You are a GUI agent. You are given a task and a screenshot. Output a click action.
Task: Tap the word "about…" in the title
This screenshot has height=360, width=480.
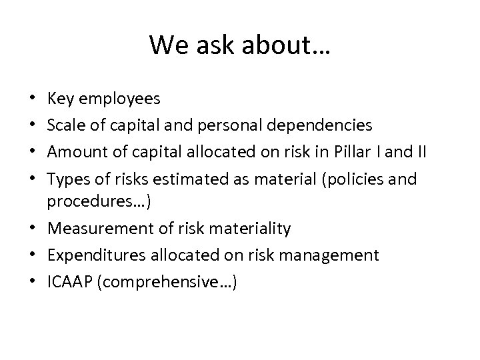pyautogui.click(x=283, y=45)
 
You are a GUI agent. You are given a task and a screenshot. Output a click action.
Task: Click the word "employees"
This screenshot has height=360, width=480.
pyautogui.click(x=119, y=101)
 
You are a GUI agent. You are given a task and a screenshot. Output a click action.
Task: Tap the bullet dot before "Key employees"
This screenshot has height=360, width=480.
pyautogui.click(x=33, y=101)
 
